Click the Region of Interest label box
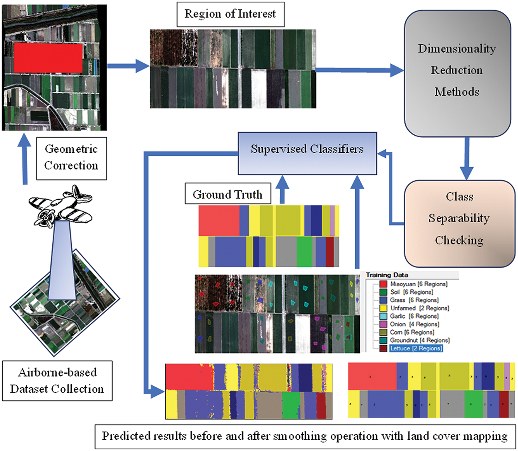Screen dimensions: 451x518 230,15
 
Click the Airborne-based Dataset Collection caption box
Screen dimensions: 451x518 57,380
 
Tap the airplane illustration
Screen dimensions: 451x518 60,205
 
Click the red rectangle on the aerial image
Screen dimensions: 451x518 48,57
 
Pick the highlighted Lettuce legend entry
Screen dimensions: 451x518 416,349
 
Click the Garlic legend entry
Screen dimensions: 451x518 414,316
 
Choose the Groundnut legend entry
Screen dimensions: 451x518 419,340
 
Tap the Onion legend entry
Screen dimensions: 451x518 414,324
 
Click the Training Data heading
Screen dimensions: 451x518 387,275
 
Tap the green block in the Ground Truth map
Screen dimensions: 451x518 304,251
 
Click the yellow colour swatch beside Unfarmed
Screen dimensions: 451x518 383,308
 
